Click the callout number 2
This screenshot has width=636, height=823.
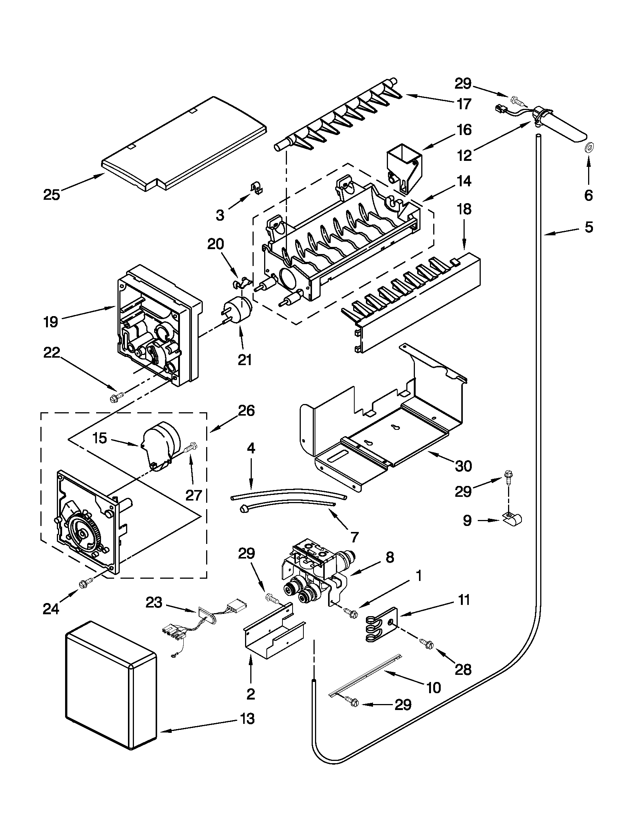coord(251,693)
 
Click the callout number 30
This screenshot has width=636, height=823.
coord(464,466)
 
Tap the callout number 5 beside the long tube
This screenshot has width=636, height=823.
coord(589,227)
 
